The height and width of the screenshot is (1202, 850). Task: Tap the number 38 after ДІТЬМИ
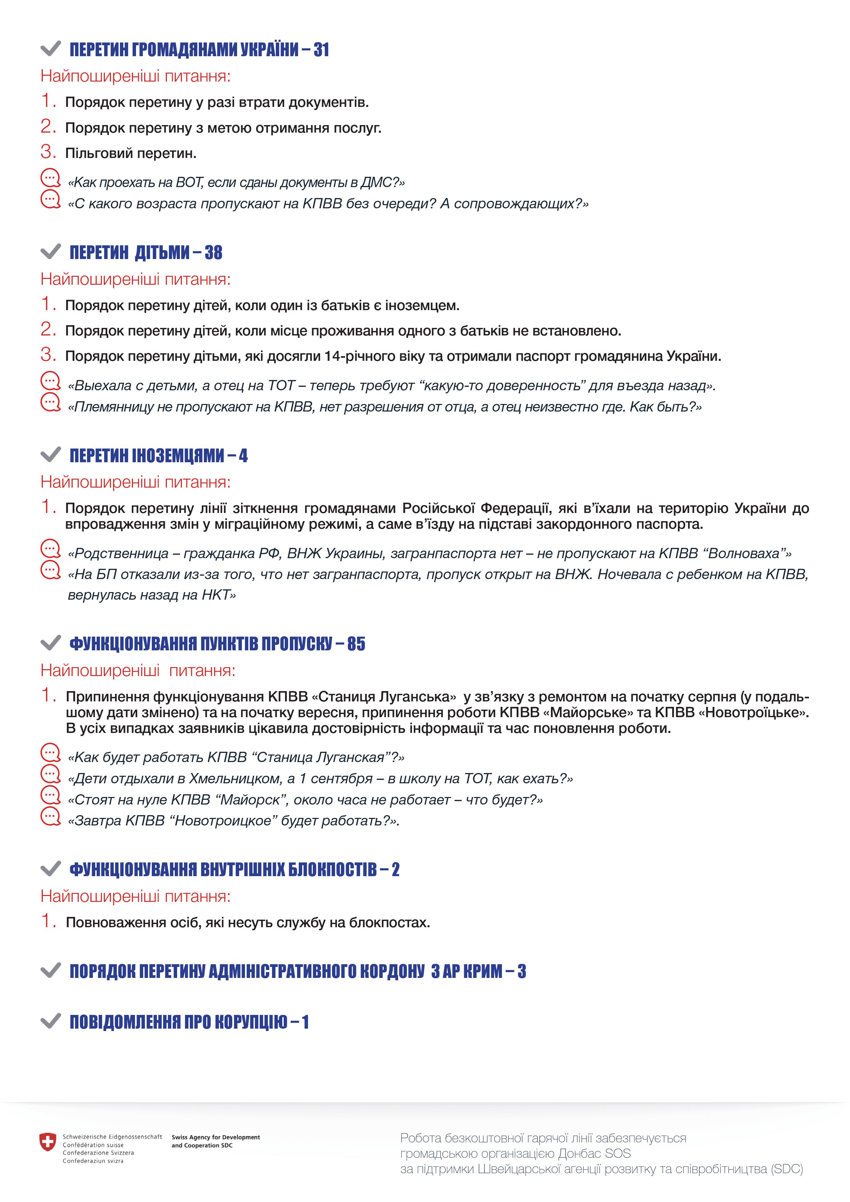tap(213, 253)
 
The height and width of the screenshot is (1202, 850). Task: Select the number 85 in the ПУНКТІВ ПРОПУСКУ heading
tap(356, 644)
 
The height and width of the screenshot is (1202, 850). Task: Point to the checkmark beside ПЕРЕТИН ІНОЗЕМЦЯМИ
tap(51, 455)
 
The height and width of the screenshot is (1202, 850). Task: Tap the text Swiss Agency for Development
tap(215, 1137)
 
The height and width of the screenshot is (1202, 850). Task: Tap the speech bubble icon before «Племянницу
tap(51, 403)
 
